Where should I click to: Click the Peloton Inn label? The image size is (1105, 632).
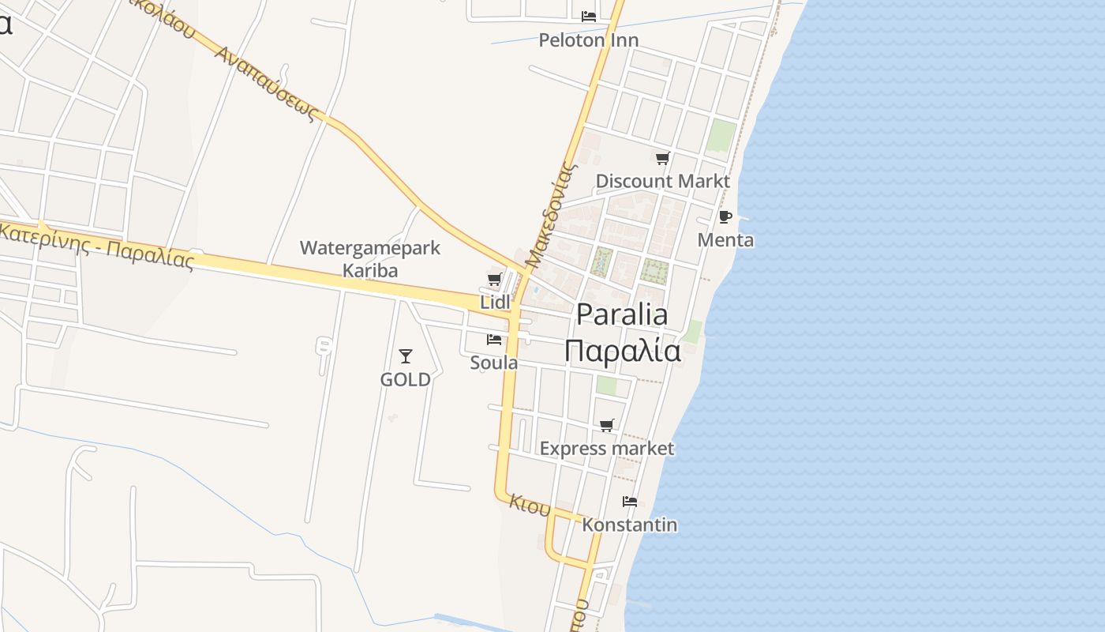tap(588, 39)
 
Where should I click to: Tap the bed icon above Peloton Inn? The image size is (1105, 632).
tap(589, 16)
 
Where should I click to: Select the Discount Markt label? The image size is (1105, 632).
tap(662, 181)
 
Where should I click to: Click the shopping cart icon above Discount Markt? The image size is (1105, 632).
tap(662, 159)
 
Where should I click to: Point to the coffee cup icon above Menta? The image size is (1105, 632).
tap(725, 216)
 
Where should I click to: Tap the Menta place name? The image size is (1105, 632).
tap(725, 239)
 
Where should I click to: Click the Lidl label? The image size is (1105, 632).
tap(496, 302)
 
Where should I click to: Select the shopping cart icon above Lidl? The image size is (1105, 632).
tap(495, 279)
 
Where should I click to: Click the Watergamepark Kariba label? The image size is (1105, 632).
tap(370, 259)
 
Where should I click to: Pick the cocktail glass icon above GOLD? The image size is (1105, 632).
tap(406, 356)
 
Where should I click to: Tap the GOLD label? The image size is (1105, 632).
tap(406, 379)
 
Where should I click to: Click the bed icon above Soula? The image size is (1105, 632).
tap(494, 340)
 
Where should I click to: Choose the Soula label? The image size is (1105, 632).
tap(494, 363)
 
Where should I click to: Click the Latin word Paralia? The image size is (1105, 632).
tap(622, 314)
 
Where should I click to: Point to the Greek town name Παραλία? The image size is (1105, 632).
tap(622, 350)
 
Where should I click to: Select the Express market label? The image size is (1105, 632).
tap(607, 449)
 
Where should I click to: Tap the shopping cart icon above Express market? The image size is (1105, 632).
tap(607, 426)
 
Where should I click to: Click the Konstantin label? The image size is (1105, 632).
tap(630, 525)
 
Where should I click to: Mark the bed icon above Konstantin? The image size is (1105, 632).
tap(630, 502)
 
